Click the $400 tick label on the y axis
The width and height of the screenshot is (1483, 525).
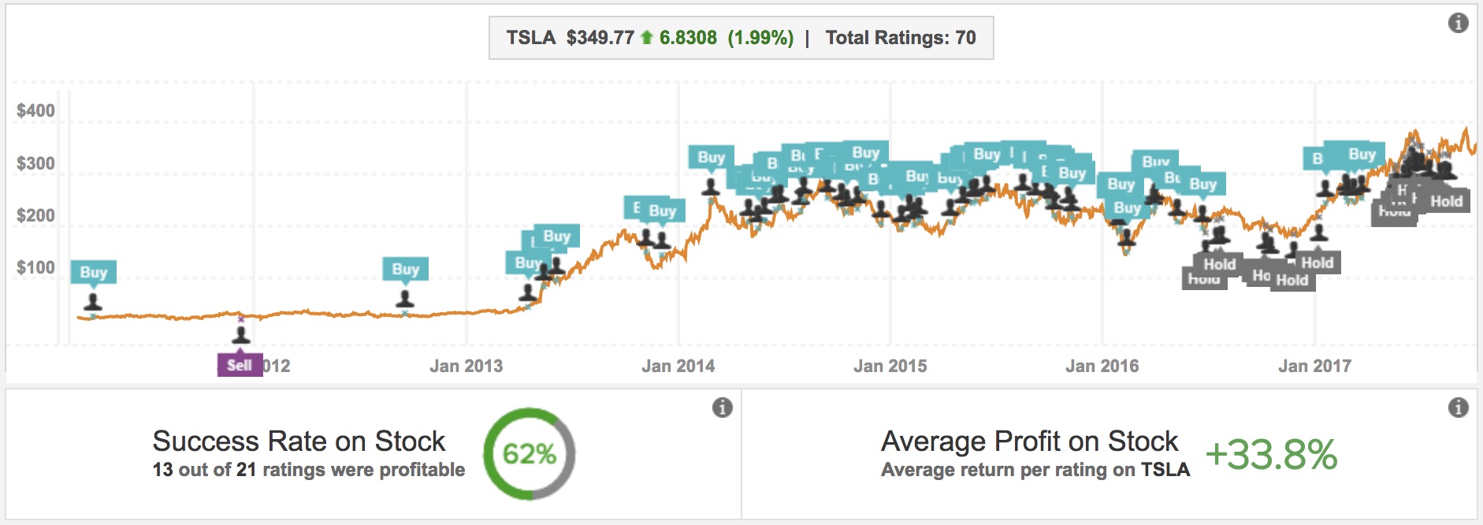point(35,111)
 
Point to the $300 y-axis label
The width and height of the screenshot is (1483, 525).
point(35,164)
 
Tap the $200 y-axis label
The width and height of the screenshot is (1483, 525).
point(35,216)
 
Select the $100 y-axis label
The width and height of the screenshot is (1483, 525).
point(35,268)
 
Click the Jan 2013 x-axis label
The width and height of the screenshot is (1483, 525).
point(466,366)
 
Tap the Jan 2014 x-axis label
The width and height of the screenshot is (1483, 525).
point(678,366)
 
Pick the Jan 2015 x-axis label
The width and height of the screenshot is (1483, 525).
point(890,366)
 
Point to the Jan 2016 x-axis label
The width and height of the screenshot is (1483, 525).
point(1102,366)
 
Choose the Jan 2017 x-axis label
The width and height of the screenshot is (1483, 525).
point(1314,366)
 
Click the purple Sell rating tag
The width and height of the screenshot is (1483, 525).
point(240,365)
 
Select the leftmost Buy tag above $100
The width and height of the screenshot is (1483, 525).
point(93,272)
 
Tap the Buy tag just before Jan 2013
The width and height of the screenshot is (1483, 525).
point(405,269)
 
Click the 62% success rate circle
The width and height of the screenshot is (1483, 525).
point(530,453)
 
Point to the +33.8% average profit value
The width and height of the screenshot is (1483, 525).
point(1271,455)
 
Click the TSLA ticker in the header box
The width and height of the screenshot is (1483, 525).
point(530,38)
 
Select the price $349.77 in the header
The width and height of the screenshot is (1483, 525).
point(600,38)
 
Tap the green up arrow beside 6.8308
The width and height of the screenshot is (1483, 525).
point(647,37)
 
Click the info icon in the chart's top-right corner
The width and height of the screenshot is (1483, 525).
point(1458,23)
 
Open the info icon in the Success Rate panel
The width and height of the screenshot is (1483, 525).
point(722,408)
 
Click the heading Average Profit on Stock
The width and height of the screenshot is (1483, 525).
point(1029,441)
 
